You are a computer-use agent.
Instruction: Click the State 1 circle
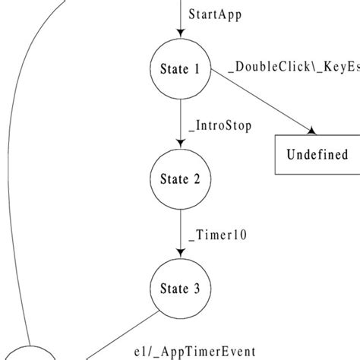click(x=180, y=69)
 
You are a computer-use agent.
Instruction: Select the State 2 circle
click(x=180, y=179)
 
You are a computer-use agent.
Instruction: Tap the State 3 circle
click(x=180, y=289)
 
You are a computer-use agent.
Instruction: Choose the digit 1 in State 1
click(x=196, y=69)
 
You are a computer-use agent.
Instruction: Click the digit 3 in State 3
click(x=196, y=289)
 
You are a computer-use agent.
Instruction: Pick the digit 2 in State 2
click(x=196, y=179)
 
